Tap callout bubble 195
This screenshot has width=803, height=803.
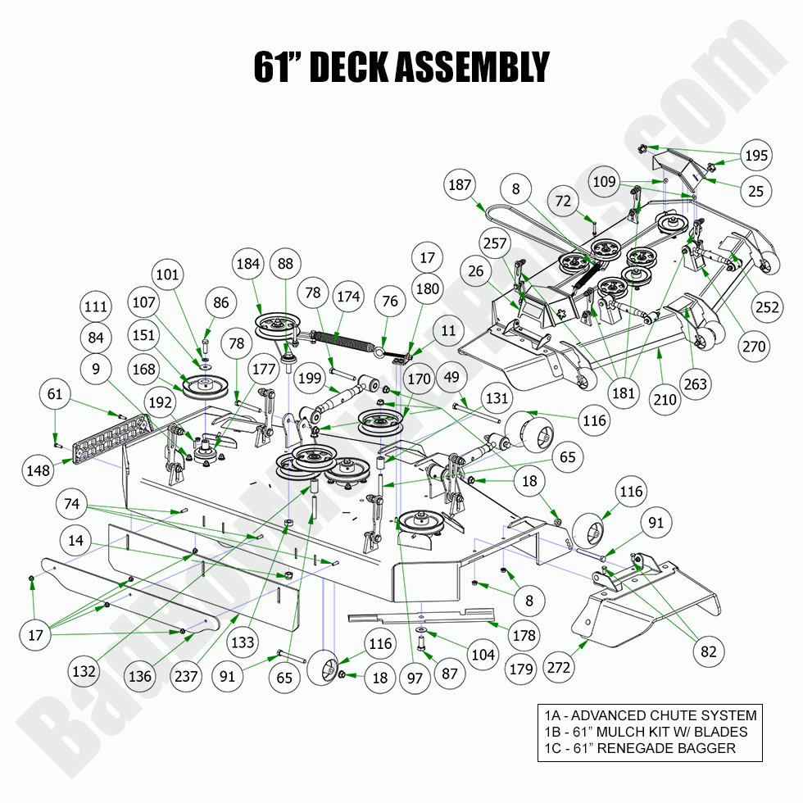[x=755, y=155]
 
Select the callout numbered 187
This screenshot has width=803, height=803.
[x=460, y=185]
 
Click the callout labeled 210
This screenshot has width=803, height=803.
[x=665, y=400]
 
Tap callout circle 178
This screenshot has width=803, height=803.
[x=523, y=634]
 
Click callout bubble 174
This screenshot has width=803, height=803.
[x=348, y=297]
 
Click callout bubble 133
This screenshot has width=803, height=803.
[x=243, y=643]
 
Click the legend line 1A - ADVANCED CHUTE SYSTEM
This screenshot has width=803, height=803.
[x=647, y=715]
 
